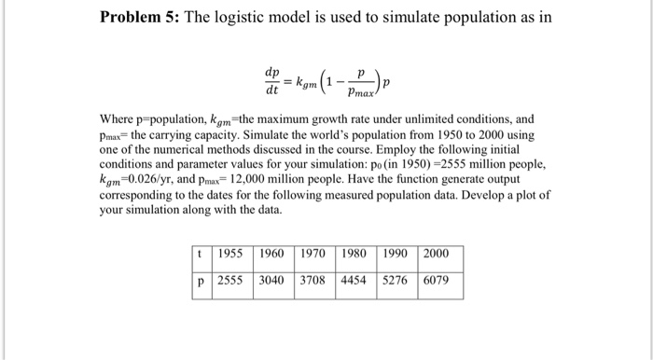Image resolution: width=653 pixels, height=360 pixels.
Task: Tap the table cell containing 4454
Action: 357,279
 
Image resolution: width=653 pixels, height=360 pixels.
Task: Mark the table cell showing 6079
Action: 440,279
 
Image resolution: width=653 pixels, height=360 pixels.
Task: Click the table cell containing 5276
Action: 398,279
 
